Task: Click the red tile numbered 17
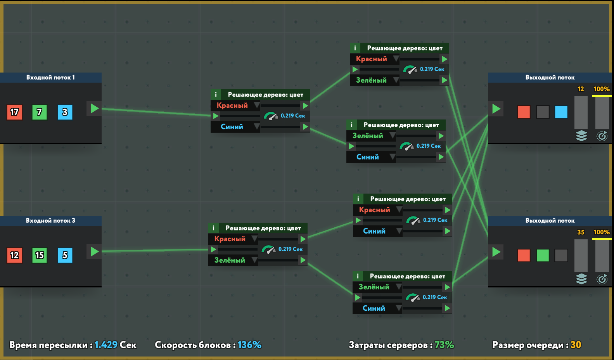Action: coord(14,112)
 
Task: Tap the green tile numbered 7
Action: coord(40,112)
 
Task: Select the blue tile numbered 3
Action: coord(65,112)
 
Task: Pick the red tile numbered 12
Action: coord(14,255)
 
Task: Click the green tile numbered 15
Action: coord(40,255)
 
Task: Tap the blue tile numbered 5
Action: coord(65,255)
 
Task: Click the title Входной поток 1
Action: coord(50,78)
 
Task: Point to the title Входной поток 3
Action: coord(50,221)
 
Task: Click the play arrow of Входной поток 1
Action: coord(94,108)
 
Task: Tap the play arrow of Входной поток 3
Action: coord(94,251)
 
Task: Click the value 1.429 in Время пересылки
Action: coord(106,345)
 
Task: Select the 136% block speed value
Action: coord(249,345)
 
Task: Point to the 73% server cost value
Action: coord(444,345)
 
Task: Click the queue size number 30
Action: coord(576,345)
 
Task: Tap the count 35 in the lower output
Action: coord(581,232)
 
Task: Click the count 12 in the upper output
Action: coord(581,89)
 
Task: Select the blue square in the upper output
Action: coord(561,112)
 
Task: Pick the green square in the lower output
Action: coord(543,255)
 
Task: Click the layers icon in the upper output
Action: coord(581,136)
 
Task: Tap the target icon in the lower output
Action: coord(602,279)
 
